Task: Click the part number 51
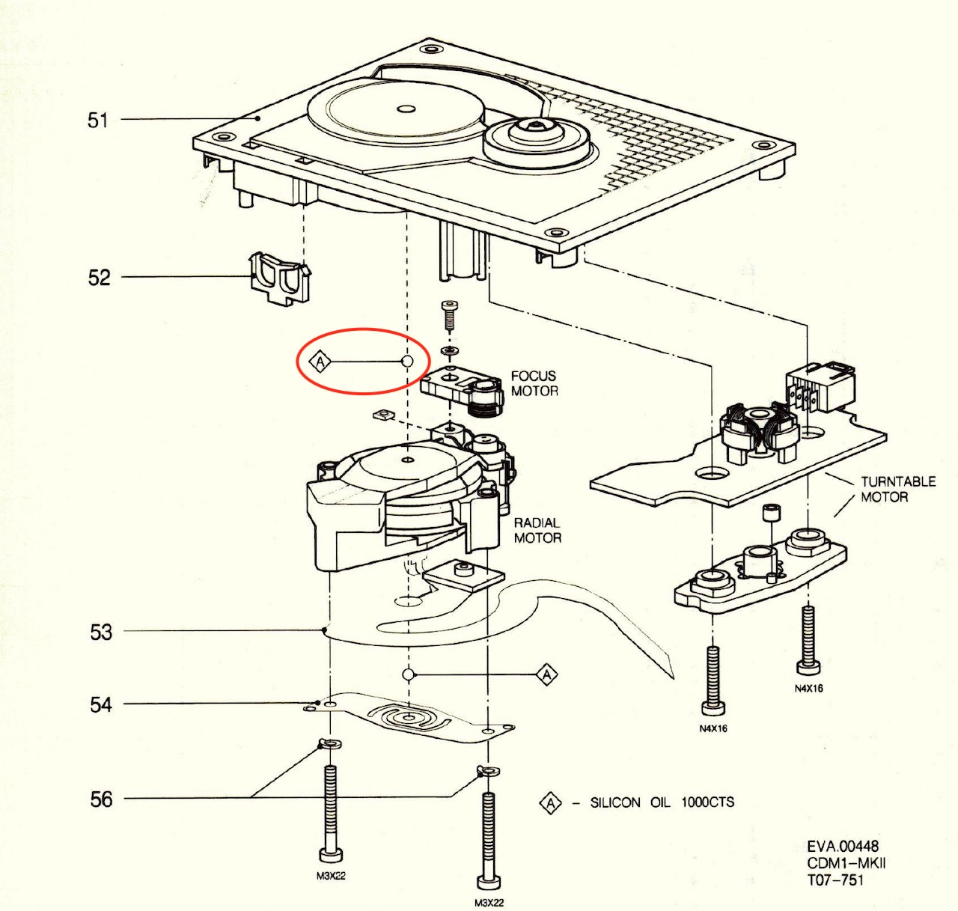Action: tap(97, 120)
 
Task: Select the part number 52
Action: tap(99, 278)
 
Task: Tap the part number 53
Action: tap(101, 633)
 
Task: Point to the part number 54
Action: tap(101, 705)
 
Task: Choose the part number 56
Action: tap(101, 799)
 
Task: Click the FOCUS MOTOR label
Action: tap(534, 383)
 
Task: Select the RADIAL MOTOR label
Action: tap(537, 530)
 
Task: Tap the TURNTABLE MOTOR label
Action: tap(898, 490)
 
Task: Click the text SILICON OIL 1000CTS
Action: tap(662, 802)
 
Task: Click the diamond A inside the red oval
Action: tap(320, 362)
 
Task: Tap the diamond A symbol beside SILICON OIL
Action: tap(551, 802)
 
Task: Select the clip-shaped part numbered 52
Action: tap(280, 278)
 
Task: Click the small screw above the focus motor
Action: tap(448, 315)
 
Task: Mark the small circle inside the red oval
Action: tap(407, 362)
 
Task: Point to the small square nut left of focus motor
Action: tap(383, 415)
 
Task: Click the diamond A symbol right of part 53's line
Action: tap(546, 674)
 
